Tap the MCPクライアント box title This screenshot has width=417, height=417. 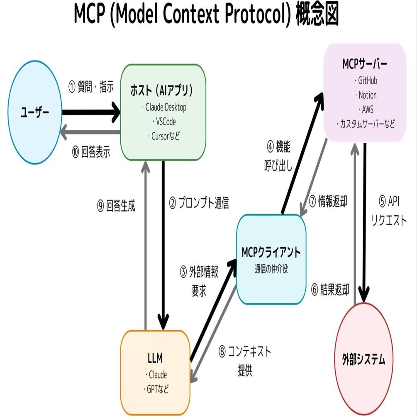pyautogui.click(x=271, y=252)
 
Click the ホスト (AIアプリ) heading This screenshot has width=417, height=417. pyautogui.click(x=163, y=90)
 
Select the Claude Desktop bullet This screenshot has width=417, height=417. pyautogui.click(x=163, y=107)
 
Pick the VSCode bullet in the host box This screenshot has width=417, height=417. pyautogui.click(x=163, y=122)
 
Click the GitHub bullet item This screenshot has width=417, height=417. pyautogui.click(x=365, y=80)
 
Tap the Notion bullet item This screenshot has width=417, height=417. pyautogui.click(x=365, y=95)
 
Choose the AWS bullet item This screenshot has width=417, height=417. pyautogui.click(x=365, y=109)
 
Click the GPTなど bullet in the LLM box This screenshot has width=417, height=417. pyautogui.click(x=156, y=389)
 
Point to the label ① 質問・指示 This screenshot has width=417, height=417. pyautogui.click(x=91, y=88)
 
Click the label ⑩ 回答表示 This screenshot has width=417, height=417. pyautogui.click(x=91, y=152)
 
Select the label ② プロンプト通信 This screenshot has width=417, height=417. pyautogui.click(x=199, y=204)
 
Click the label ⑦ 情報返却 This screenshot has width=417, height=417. pyautogui.click(x=329, y=201)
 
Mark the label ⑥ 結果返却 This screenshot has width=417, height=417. pyautogui.click(x=330, y=289)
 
